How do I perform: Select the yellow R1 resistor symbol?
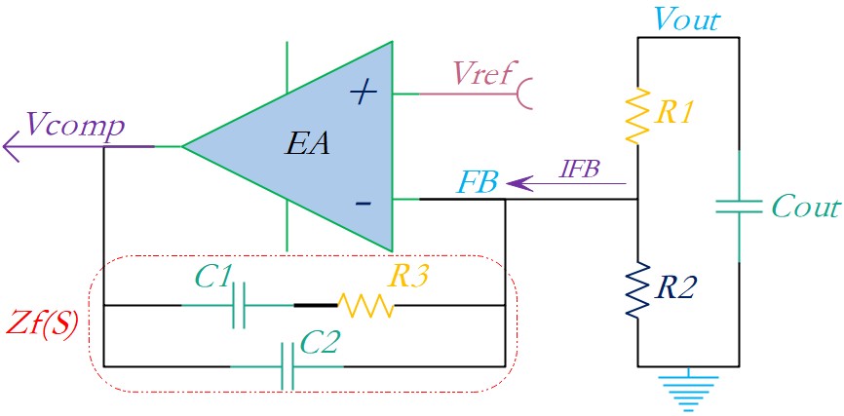coord(637,116)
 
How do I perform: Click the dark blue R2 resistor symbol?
coord(637,290)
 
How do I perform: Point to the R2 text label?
coord(675,290)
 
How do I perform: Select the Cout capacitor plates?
coord(739,207)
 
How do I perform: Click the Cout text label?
coord(805,207)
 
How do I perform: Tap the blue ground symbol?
coord(688,392)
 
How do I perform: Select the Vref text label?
coord(481,73)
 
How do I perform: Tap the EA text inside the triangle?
coord(308,145)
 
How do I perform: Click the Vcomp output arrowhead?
coord(11,146)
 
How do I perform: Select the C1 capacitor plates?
coord(240,305)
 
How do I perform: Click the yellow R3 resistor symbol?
coord(365,305)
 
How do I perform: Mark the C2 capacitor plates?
coord(288,366)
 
